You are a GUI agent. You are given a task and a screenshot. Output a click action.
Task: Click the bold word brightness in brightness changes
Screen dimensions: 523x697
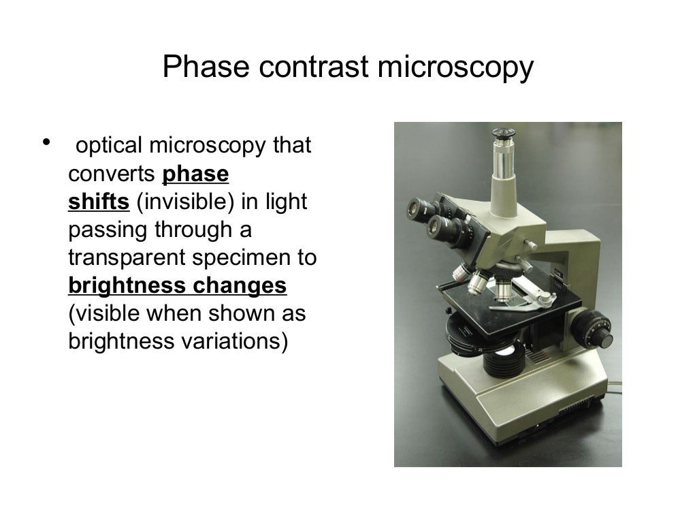coord(125,286)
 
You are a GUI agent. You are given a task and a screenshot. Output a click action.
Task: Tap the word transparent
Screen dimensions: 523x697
coord(129,258)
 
